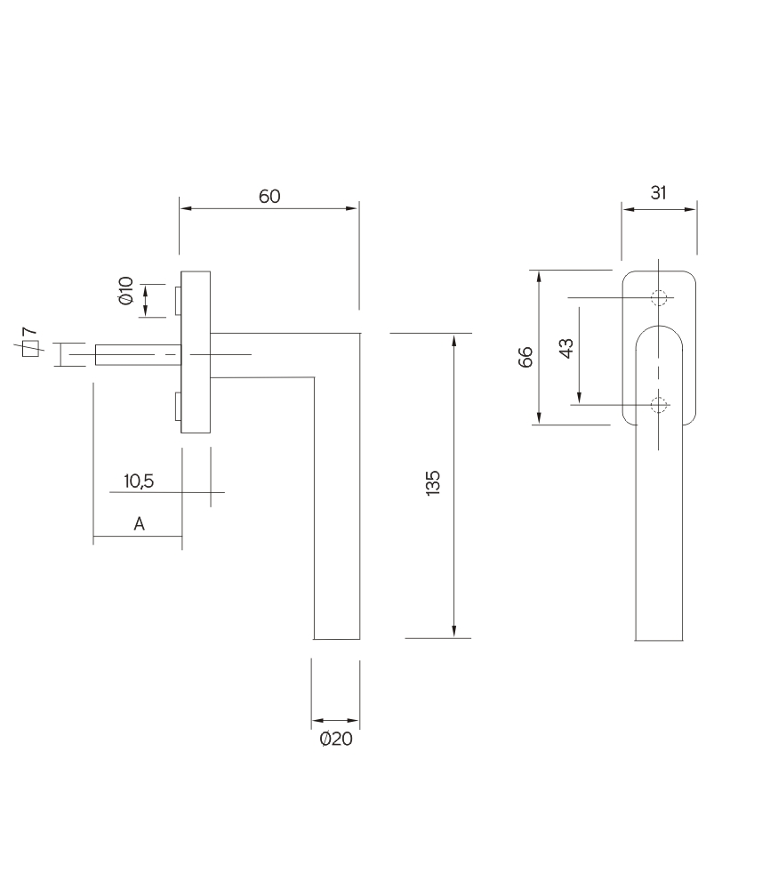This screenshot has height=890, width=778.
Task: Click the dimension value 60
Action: tap(269, 197)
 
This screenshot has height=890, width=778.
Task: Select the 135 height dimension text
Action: tap(433, 484)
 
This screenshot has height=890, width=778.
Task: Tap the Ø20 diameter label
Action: tap(336, 739)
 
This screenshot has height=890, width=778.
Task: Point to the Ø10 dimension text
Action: tap(125, 292)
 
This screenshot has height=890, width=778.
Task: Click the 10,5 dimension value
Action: tap(140, 481)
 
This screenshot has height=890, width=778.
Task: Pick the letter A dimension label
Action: tap(140, 525)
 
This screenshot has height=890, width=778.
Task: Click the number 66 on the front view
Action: tap(525, 357)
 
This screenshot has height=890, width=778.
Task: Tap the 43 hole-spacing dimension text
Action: tap(565, 347)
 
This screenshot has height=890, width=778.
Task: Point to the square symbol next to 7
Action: tap(30, 349)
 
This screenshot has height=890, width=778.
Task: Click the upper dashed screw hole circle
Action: tap(658, 297)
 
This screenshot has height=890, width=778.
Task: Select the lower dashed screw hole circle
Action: tap(658, 406)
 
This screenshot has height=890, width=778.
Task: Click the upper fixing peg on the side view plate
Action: tap(179, 300)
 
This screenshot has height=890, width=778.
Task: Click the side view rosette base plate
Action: tap(196, 352)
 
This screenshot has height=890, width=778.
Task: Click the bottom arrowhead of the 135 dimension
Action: tap(454, 631)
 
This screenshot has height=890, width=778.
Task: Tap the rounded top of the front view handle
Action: tap(659, 331)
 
